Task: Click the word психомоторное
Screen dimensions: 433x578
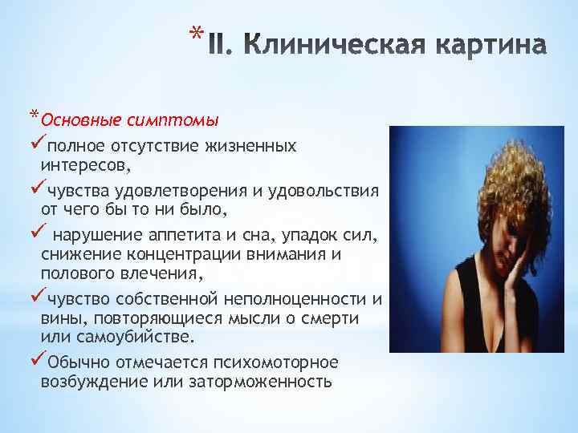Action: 272,361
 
